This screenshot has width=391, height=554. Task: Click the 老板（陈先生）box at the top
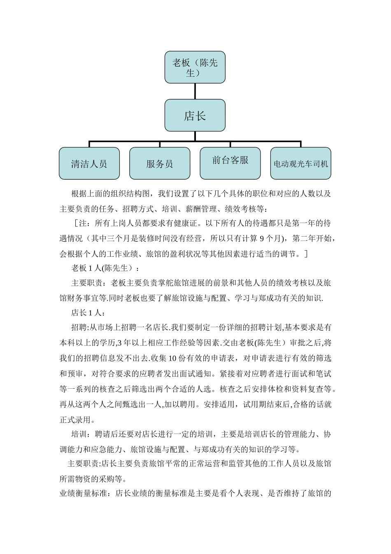[x=195, y=67]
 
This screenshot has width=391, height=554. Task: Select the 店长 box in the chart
[x=195, y=115]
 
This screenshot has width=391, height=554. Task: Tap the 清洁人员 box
[x=89, y=164]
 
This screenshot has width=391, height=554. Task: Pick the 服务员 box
[x=160, y=164]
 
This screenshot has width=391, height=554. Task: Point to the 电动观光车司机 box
[x=300, y=164]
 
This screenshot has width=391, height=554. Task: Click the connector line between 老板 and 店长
[x=195, y=91]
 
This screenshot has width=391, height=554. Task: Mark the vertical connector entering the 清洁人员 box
[x=89, y=144]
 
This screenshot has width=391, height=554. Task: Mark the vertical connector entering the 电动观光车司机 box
[x=300, y=144]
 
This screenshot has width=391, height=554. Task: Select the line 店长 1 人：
[x=88, y=312]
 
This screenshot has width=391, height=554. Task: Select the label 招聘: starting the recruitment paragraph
[x=80, y=327]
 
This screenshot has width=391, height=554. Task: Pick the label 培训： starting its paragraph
[x=81, y=434]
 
